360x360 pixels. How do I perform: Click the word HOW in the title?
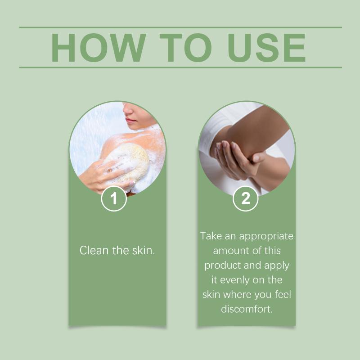(99, 48)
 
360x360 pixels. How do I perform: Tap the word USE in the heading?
(266, 48)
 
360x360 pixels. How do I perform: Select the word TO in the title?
(185, 48)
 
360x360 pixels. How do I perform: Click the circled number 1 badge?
(114, 198)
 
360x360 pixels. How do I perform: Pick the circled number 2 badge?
(245, 198)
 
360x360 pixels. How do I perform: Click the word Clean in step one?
(94, 250)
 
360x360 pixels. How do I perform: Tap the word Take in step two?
(211, 236)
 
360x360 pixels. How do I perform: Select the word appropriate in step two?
(266, 237)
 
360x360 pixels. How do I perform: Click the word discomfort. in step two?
(247, 309)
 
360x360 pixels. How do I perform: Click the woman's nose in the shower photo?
(128, 109)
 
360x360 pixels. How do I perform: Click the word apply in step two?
(276, 266)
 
